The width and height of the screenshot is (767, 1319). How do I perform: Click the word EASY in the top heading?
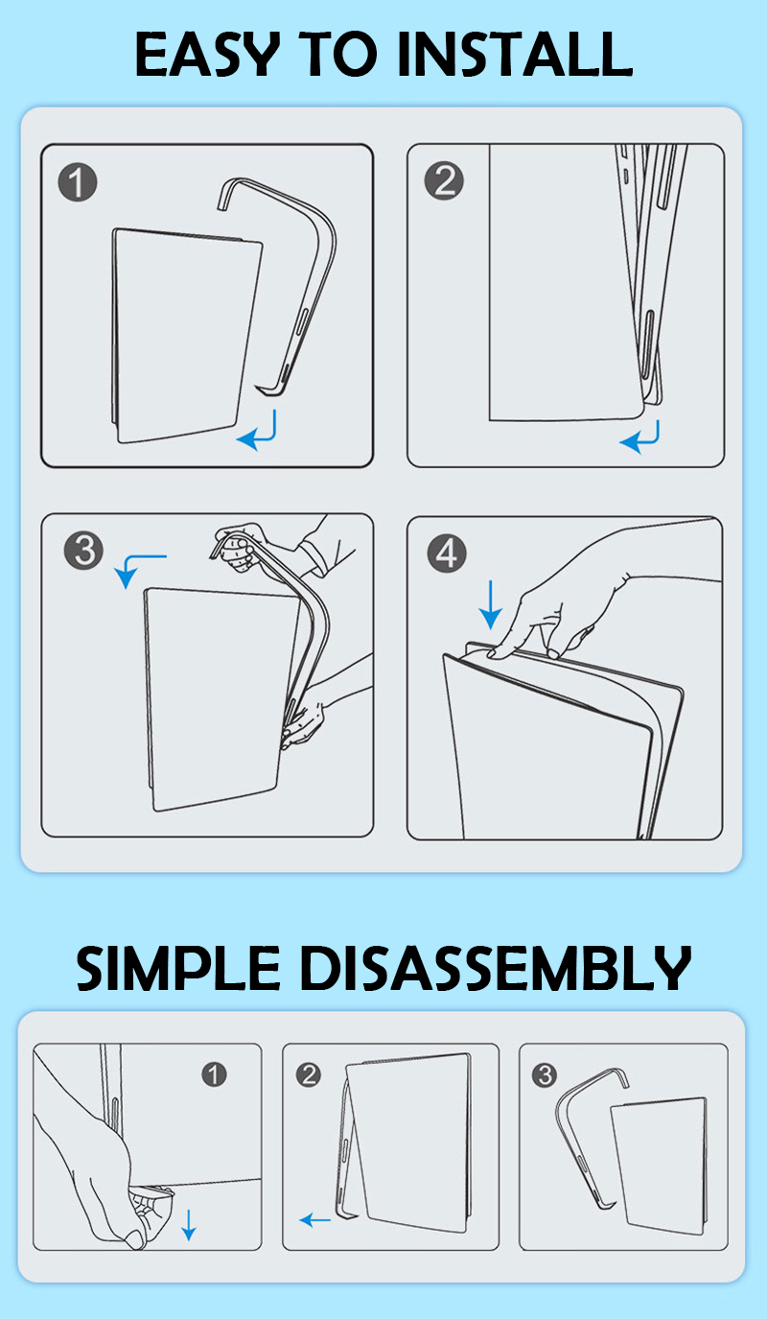click(x=207, y=55)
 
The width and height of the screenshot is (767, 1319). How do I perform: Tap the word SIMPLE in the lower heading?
click(x=177, y=968)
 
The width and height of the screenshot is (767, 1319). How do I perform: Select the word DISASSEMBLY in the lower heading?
click(x=496, y=968)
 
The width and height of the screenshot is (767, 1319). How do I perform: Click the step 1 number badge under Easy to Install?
click(x=78, y=182)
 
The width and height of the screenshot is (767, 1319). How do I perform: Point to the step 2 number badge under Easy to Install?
click(x=444, y=180)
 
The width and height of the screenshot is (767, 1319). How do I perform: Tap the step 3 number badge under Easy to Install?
click(x=83, y=551)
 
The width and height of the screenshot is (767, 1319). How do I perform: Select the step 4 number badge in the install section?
click(x=447, y=554)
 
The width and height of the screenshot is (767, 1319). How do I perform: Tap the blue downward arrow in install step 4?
click(x=490, y=604)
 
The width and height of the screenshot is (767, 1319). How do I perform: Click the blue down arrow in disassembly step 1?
click(x=188, y=1225)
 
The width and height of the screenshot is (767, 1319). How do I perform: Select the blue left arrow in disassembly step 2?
click(x=314, y=1220)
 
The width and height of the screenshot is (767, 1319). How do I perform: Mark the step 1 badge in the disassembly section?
click(x=214, y=1074)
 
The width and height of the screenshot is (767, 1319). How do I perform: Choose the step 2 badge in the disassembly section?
click(x=309, y=1075)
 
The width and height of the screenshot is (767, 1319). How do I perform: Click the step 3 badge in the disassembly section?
click(x=544, y=1075)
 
